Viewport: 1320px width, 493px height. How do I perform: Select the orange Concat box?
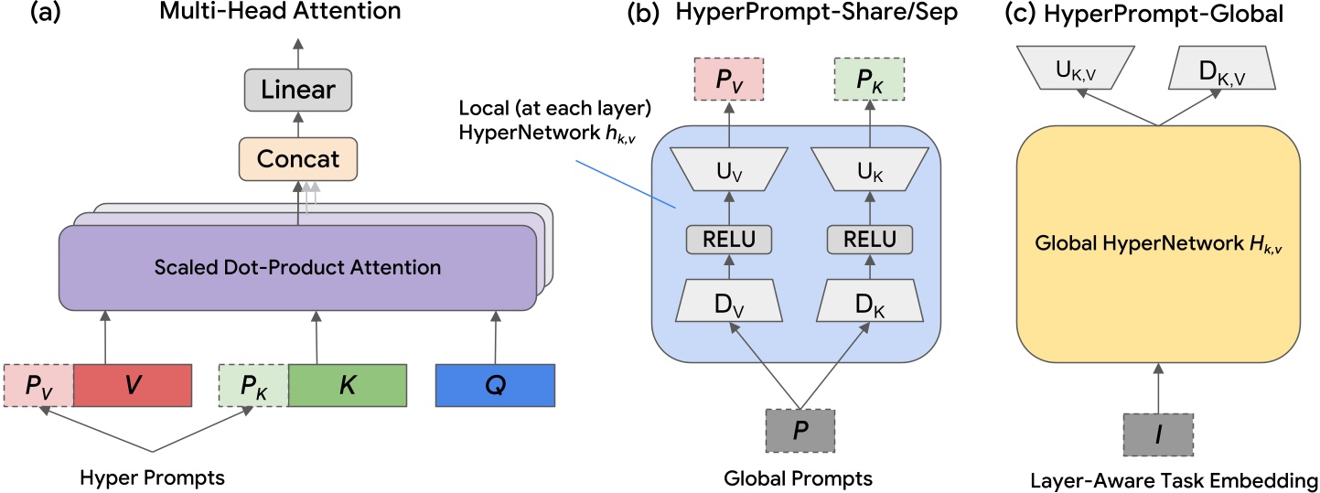297,158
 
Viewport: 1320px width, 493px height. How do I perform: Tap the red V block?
132,384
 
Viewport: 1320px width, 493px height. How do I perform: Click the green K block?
348,384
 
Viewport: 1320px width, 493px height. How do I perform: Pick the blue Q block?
495,384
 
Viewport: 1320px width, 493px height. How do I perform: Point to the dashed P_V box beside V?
38,384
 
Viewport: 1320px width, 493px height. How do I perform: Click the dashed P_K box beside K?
253,384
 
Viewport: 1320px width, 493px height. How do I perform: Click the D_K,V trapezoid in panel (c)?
1225,69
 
